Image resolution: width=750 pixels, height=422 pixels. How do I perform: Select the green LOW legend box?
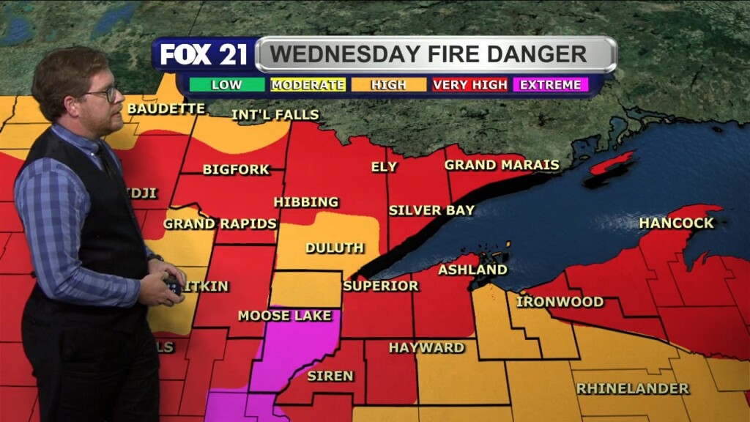click(x=227, y=85)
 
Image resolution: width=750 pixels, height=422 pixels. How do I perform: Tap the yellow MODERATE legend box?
click(x=308, y=85)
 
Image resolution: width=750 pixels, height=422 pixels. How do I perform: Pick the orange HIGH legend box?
click(x=388, y=85)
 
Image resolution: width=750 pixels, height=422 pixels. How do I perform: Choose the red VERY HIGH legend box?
click(x=469, y=85)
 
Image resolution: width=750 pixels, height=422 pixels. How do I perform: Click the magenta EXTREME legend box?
click(x=551, y=85)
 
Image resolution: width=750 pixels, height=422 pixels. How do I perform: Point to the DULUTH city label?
click(x=335, y=248)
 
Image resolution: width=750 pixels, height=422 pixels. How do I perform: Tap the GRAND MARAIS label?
click(x=502, y=166)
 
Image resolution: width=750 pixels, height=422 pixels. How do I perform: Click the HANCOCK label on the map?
click(x=676, y=223)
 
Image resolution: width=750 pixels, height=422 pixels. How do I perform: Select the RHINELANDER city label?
click(x=633, y=388)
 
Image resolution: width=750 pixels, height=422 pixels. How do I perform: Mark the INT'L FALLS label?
click(x=275, y=115)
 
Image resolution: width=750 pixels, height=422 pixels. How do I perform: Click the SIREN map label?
click(x=330, y=376)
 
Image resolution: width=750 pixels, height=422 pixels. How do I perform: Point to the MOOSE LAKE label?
click(x=279, y=316)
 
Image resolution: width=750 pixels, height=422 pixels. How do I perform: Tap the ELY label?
click(x=384, y=167)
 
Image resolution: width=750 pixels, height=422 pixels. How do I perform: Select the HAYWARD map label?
click(x=426, y=347)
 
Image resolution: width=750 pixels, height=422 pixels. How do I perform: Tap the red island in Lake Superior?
click(x=612, y=163)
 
